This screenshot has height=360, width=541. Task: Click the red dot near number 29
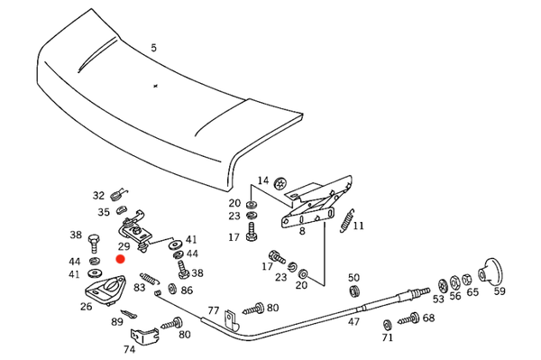pos(120,259)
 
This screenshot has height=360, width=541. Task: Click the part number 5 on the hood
pos(153,48)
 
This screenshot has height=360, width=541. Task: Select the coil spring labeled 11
pos(347,221)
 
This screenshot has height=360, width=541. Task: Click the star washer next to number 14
pos(280,183)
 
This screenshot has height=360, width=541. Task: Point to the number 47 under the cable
pos(353,322)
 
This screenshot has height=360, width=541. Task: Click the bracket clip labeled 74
pos(144,336)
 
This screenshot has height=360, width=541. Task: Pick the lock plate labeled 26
pos(105,291)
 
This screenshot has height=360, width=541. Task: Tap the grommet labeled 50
pos(354,291)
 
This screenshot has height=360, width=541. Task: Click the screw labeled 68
pos(408,319)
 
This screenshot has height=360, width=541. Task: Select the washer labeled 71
pos(388,325)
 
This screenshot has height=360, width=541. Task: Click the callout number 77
pos(213,310)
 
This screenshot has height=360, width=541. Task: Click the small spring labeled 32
pos(117,196)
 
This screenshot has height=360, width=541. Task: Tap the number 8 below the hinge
pos(302,231)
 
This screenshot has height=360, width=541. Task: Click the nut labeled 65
pos(466,280)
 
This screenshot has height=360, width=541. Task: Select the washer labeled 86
pos(172,289)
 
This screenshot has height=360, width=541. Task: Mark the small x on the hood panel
pos(156,86)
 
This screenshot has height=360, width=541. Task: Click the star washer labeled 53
pos(443,286)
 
